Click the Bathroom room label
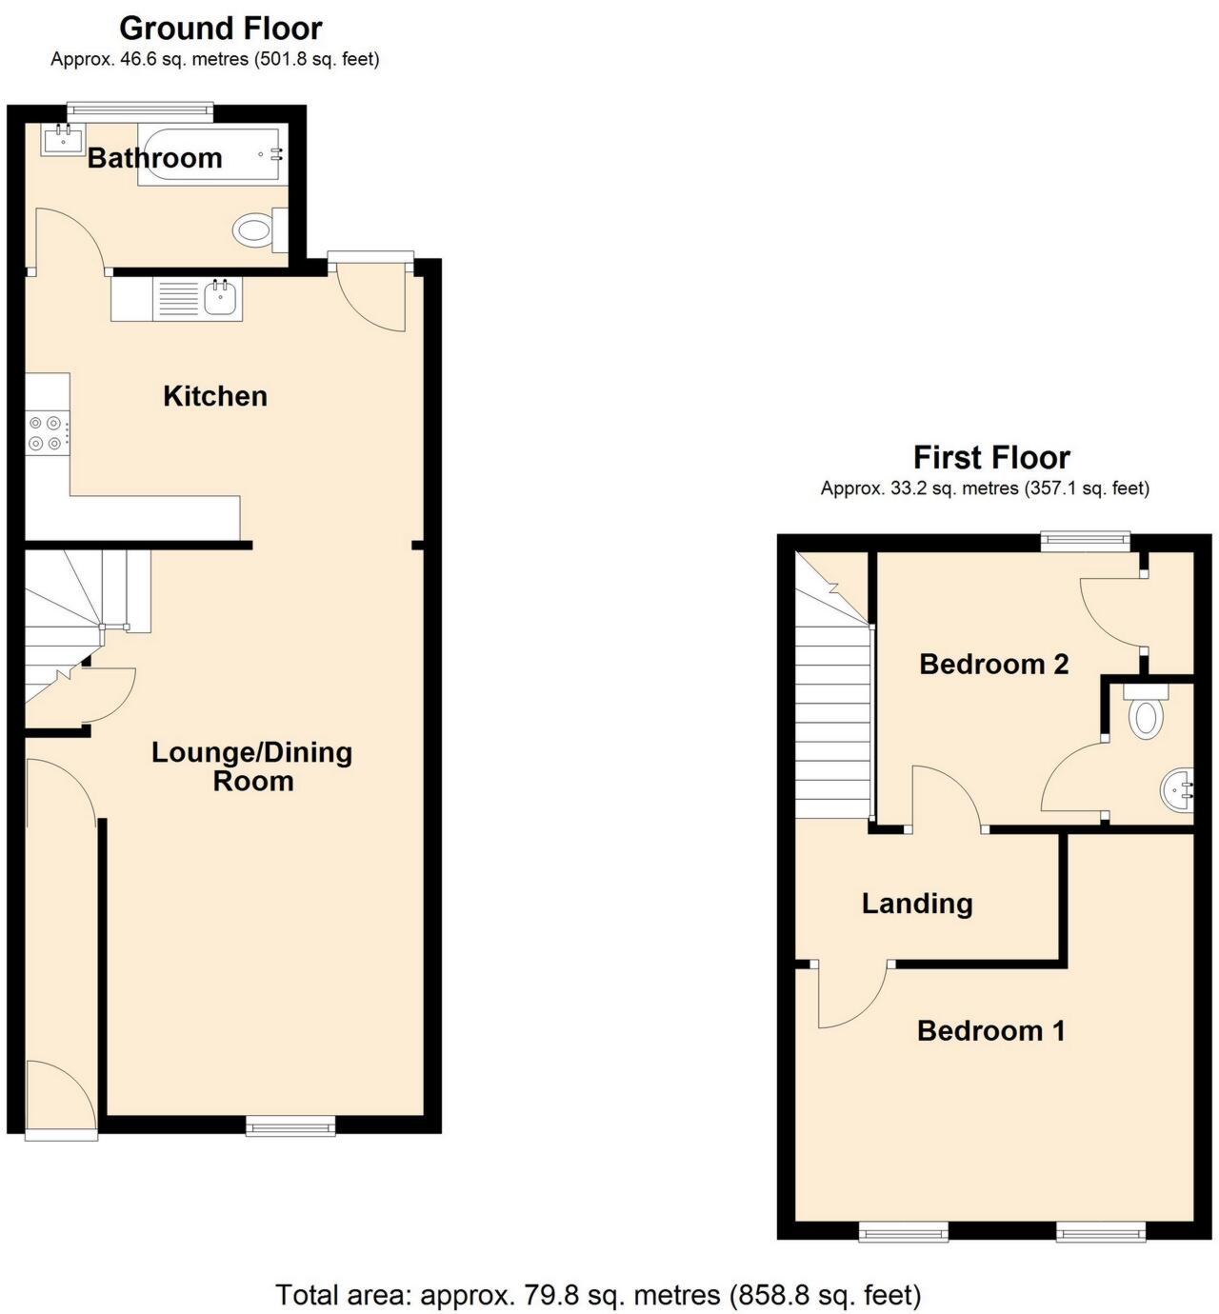[x=154, y=158]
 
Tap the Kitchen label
[x=215, y=396]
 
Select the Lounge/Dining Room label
[x=252, y=766]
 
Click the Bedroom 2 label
[x=993, y=664]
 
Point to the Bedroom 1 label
[x=990, y=1030]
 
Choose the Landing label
[x=917, y=904]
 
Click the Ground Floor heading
[x=221, y=29]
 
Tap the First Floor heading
[x=991, y=458]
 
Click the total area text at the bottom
[x=598, y=1295]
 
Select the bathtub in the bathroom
[x=210, y=155]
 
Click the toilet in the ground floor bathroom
[x=255, y=229]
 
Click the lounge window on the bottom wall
[x=290, y=1126]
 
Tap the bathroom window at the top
[x=140, y=109]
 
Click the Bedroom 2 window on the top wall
[x=1085, y=542]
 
